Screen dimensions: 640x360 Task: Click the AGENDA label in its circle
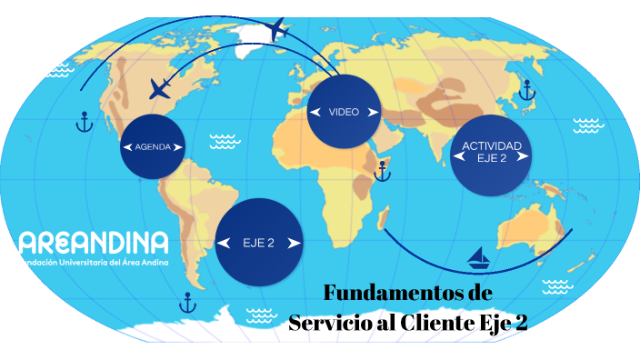tap(152, 146)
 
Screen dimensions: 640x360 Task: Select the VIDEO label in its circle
tap(344, 112)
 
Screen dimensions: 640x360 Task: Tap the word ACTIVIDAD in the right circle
tap(491, 145)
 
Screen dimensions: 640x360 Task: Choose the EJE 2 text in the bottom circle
tap(259, 243)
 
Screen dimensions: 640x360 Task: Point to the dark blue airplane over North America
tap(161, 88)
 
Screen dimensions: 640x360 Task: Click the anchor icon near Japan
tap(525, 90)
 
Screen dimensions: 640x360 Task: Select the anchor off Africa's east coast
tap(383, 169)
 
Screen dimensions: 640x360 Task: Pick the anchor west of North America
tap(84, 121)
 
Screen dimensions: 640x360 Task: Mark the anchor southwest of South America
tap(188, 302)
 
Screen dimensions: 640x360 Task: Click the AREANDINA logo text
tap(94, 243)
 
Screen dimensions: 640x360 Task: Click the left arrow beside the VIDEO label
tap(315, 112)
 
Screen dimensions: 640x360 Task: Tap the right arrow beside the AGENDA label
tap(179, 146)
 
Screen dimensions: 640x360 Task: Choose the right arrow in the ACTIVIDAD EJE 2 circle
tap(523, 156)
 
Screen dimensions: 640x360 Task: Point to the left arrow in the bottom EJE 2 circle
tap(225, 243)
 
